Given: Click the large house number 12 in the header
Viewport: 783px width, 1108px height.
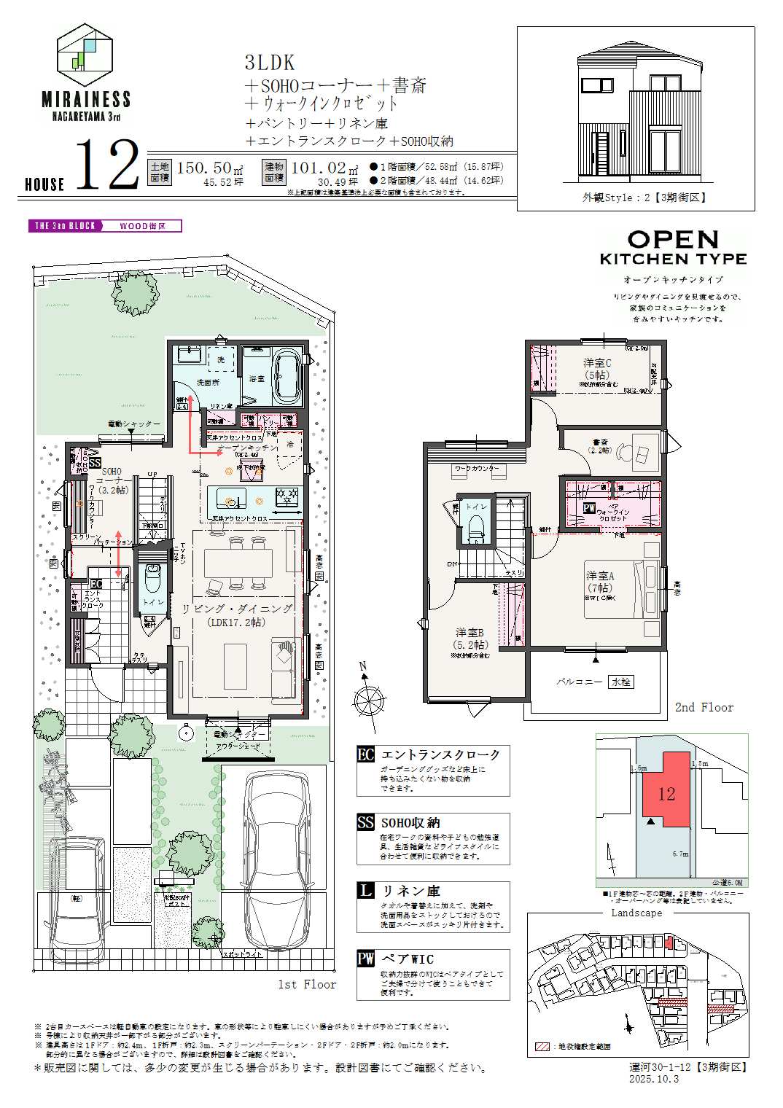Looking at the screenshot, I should (108, 166).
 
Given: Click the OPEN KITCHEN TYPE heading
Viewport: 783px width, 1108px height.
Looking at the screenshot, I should (673, 249).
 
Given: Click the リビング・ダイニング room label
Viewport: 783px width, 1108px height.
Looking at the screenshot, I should (238, 609).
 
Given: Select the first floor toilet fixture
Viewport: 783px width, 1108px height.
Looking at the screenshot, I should (152, 579).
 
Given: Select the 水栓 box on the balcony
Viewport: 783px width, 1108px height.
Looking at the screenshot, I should (620, 682).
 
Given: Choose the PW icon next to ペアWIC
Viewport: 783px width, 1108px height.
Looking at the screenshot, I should (365, 959).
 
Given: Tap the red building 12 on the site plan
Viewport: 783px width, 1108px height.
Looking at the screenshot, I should (666, 792).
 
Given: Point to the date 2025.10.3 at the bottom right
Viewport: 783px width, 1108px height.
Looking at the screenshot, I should (654, 1079).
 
